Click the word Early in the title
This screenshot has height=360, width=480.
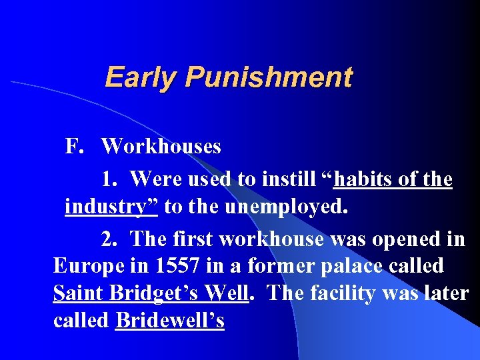[141, 77]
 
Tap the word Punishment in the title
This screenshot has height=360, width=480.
[269, 77]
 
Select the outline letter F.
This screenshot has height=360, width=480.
[73, 146]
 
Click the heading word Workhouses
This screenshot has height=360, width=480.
[161, 146]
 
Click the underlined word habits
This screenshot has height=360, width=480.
[361, 179]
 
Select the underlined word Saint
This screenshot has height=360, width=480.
[81, 293]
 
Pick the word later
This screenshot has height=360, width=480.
[448, 293]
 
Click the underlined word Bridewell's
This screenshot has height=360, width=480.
[170, 321]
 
